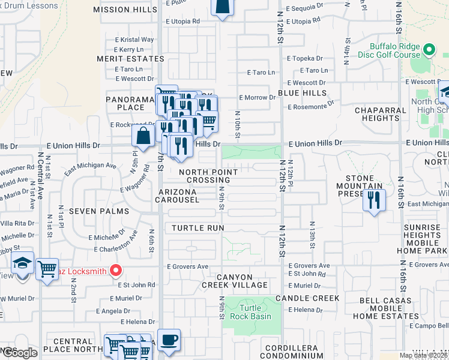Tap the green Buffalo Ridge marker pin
(429, 49)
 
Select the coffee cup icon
(169, 340)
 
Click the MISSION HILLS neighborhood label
(125, 10)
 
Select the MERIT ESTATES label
(130, 59)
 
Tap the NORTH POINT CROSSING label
(208, 176)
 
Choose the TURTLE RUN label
(197, 228)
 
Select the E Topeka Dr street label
(305, 59)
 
